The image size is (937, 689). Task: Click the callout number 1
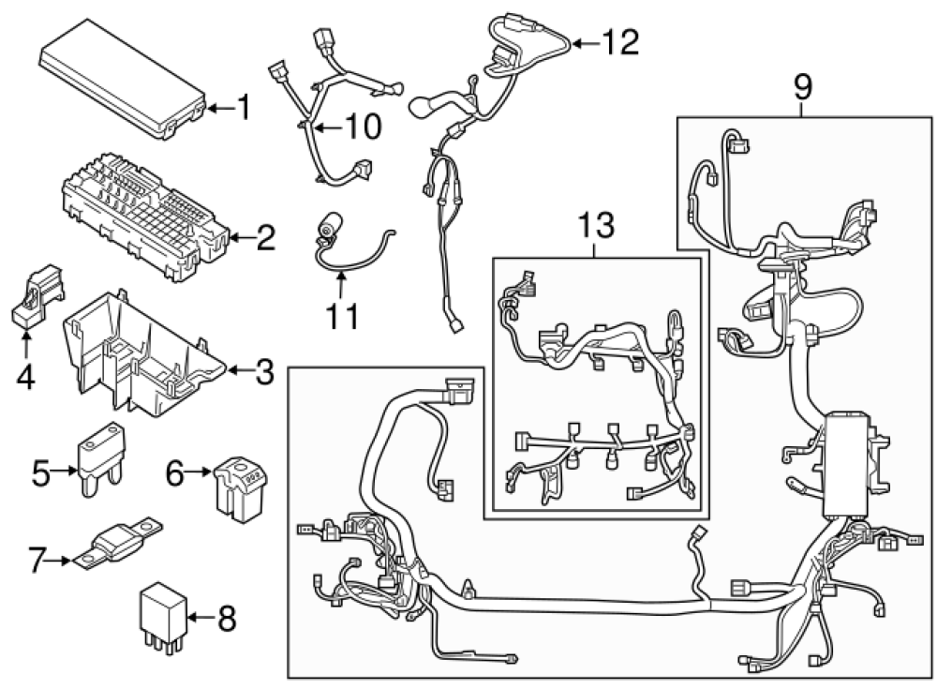click(243, 109)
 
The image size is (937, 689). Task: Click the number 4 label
click(25, 378)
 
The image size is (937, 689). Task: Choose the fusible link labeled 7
click(122, 543)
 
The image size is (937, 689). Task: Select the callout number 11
click(342, 317)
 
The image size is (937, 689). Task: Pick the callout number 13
click(596, 225)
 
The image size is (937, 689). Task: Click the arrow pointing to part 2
click(240, 239)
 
